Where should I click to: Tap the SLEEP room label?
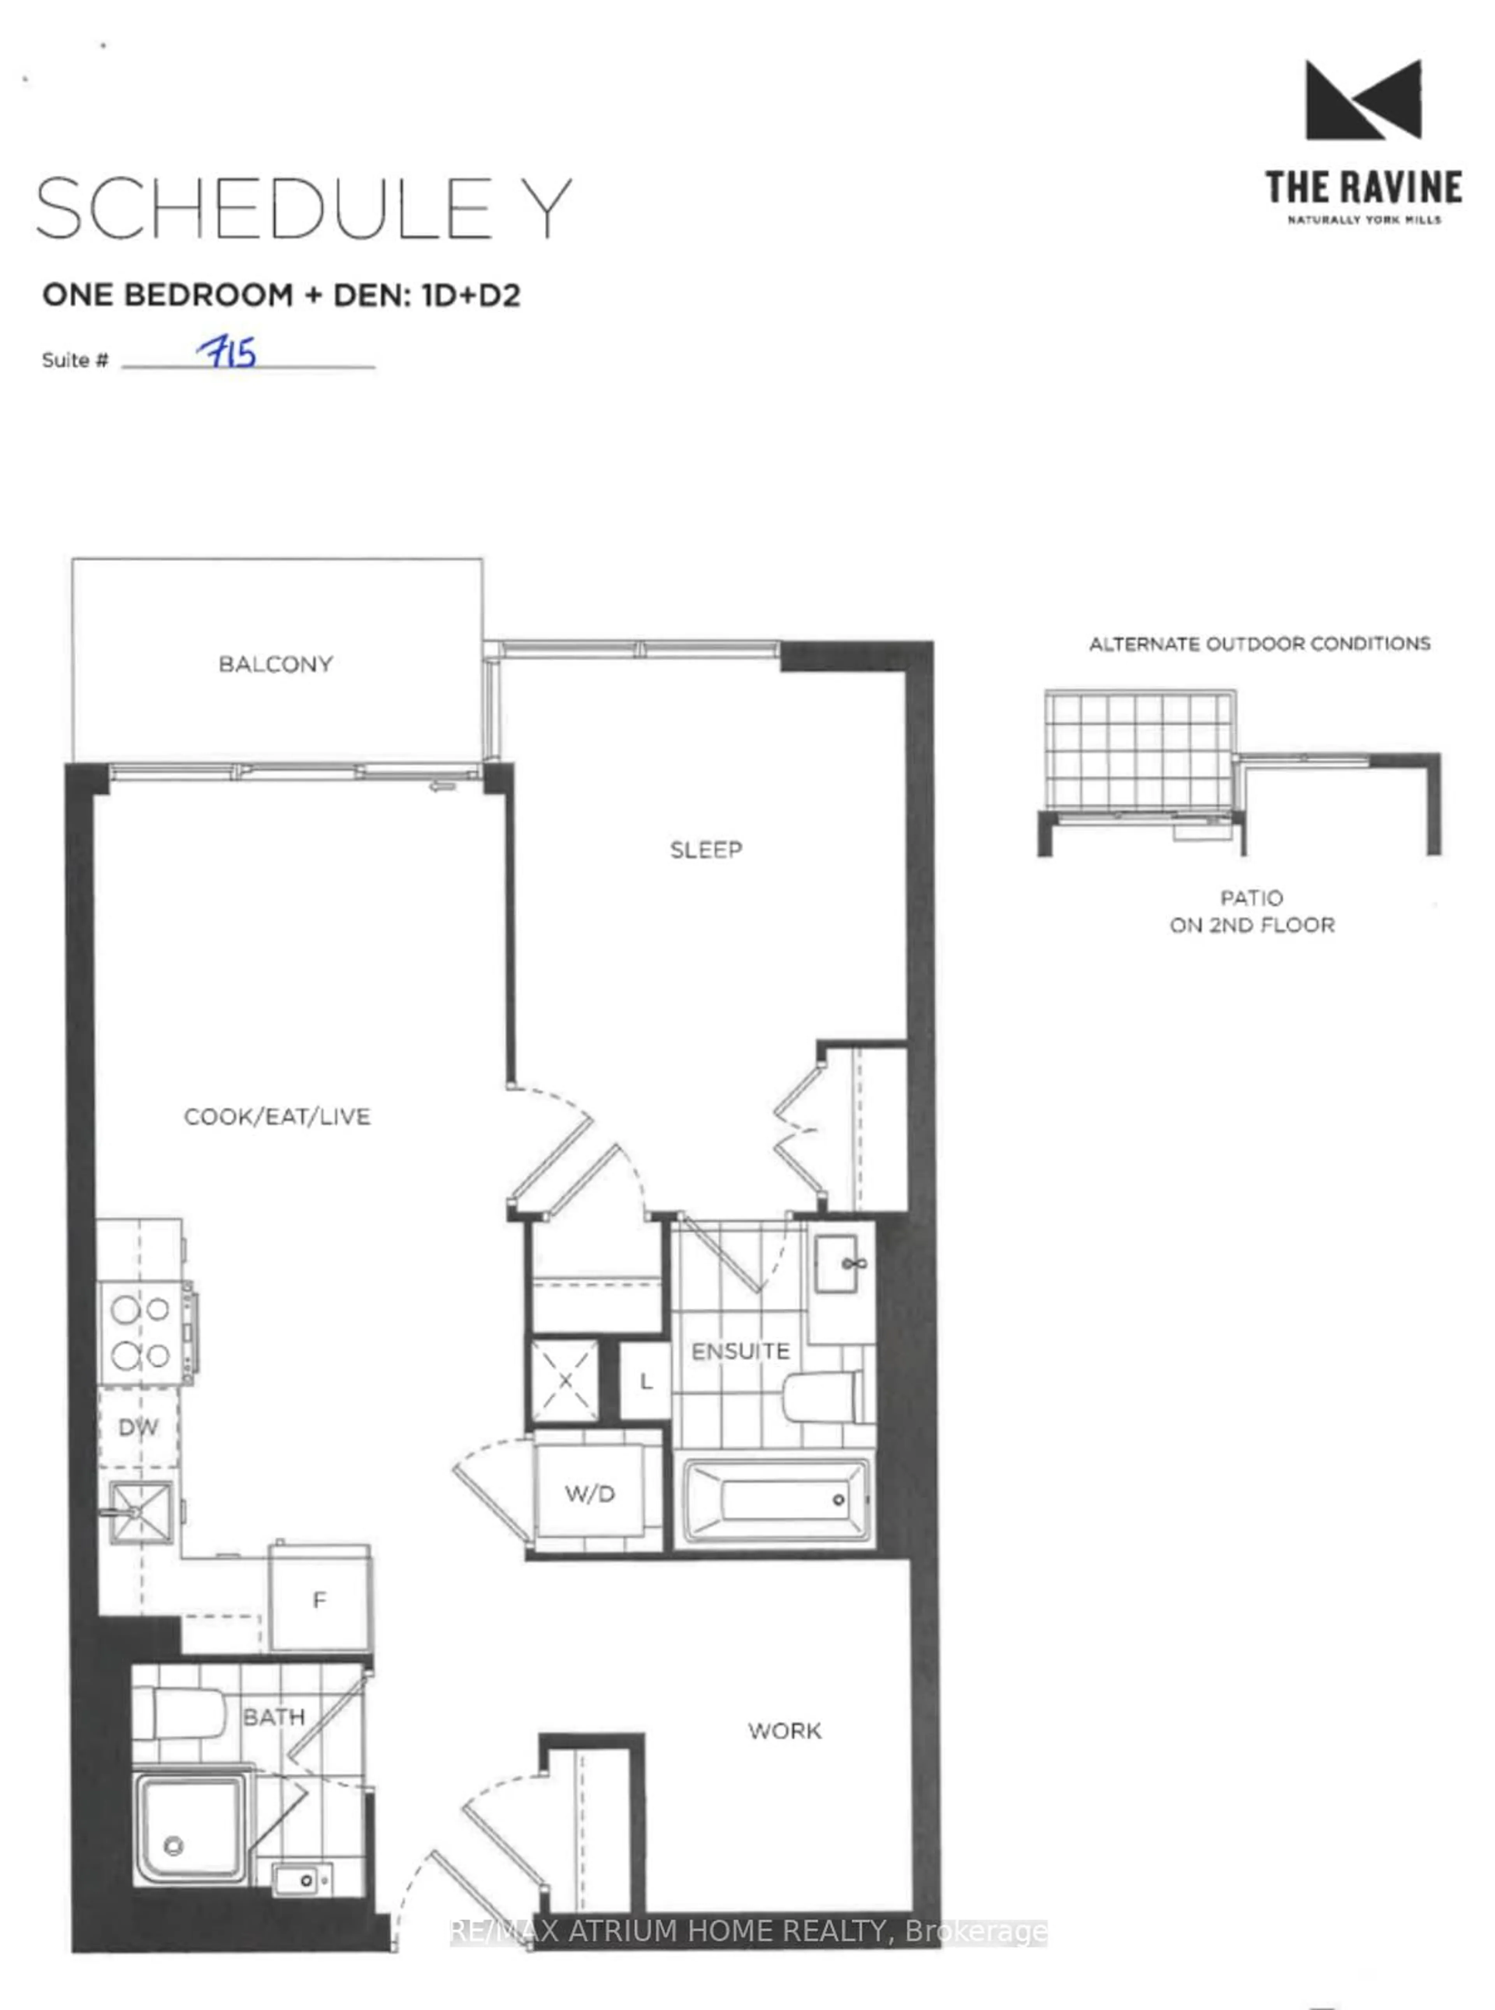coord(706,849)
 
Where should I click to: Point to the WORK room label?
coord(784,1730)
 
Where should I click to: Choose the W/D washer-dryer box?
coord(590,1493)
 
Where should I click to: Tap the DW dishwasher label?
coord(139,1427)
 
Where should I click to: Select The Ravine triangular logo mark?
coord(1363,100)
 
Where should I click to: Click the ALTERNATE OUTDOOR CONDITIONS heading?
coord(1259,644)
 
